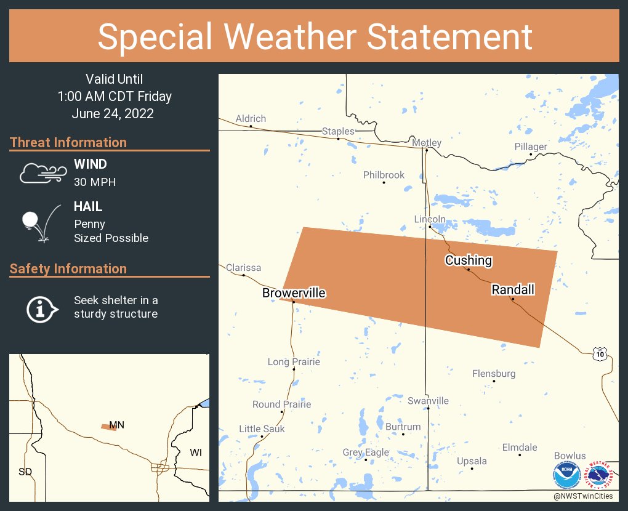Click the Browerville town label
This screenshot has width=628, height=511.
[294, 293]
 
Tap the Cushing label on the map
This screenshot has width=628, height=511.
[469, 260]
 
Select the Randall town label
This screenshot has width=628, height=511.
[513, 289]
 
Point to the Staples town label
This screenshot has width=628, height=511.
[338, 131]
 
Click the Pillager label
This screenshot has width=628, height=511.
[531, 147]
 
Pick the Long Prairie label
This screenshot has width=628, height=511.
[294, 362]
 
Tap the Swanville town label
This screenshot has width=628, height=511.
[428, 401]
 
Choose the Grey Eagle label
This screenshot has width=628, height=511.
[366, 453]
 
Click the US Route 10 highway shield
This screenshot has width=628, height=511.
[601, 354]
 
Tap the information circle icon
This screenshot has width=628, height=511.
[41, 307]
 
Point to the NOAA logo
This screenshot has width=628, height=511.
[565, 477]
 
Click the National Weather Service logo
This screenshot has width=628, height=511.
[601, 477]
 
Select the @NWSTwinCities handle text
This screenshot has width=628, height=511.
[583, 496]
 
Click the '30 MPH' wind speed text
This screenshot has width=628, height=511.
[95, 182]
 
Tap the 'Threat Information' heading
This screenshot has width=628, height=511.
[68, 142]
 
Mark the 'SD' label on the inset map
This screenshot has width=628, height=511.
[25, 472]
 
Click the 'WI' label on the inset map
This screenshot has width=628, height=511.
[196, 453]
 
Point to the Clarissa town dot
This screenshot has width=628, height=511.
[244, 275]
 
